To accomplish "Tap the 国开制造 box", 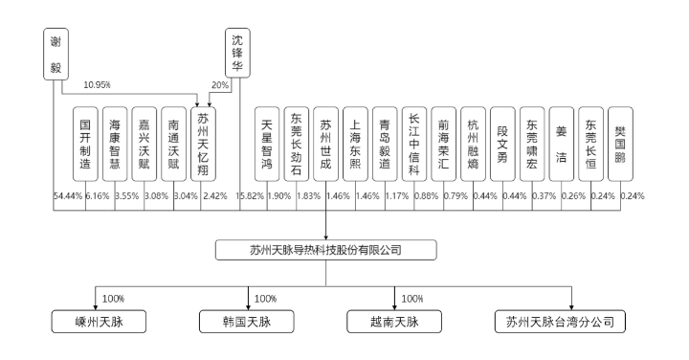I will (x=86, y=143).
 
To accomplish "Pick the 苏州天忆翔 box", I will (x=204, y=143).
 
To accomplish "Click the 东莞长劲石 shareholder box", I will (x=297, y=143).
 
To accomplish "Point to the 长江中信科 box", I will (x=413, y=143).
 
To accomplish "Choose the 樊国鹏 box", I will (x=620, y=143).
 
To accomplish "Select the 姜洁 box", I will (x=562, y=143).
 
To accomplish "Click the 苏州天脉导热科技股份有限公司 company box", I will (x=326, y=251).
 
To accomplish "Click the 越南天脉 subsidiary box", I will (x=395, y=321).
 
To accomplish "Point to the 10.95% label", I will (x=99, y=84).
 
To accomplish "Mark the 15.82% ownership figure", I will (x=253, y=195).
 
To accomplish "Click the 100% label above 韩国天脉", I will (x=265, y=298).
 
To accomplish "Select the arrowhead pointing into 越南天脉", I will (x=395, y=305).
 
